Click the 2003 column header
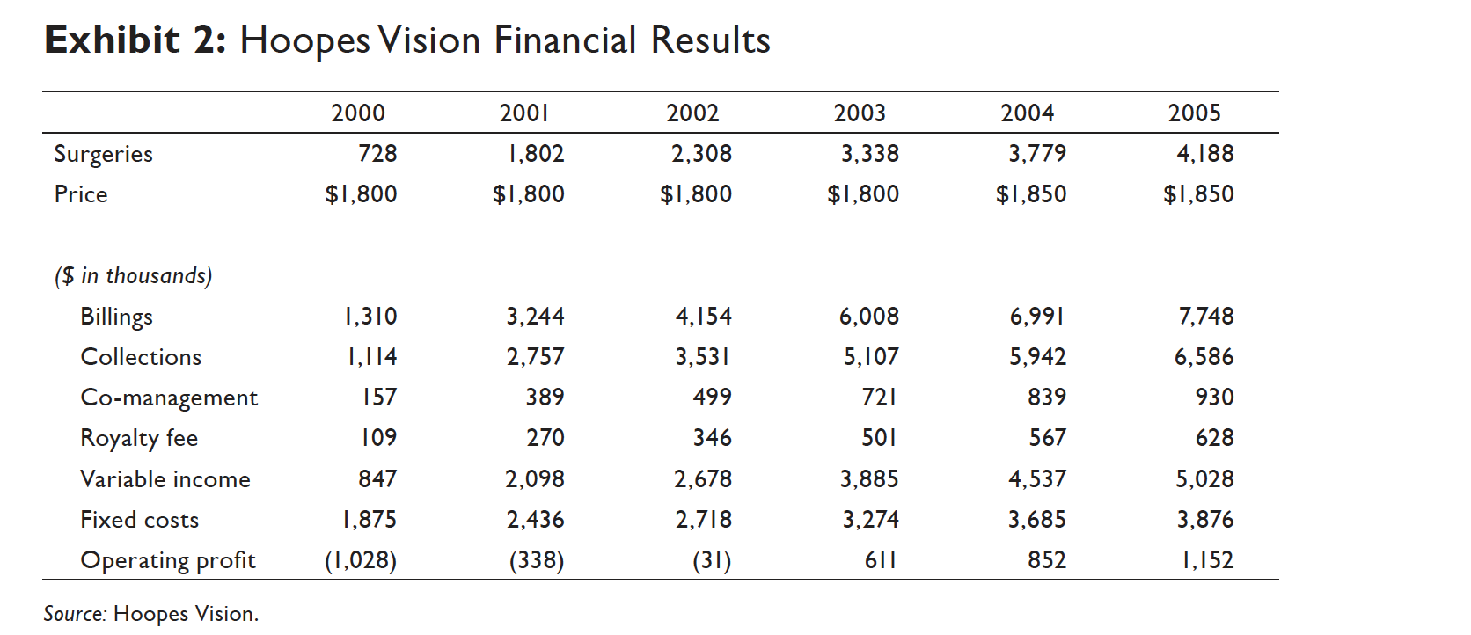[860, 113]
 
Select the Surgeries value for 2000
[377, 154]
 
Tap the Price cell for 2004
[1030, 194]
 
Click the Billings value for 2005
[1206, 317]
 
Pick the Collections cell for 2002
[703, 357]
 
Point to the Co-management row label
[169, 398]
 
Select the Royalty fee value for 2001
[545, 438]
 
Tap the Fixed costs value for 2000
[369, 520]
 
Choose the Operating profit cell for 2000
[361, 560]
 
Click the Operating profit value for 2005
[1207, 560]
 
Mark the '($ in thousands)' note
[134, 276]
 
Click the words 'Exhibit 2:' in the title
[135, 40]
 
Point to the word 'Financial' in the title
[565, 40]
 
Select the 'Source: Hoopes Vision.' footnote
[151, 614]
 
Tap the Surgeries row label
[103, 154]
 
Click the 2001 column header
[524, 113]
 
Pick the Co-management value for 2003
[879, 398]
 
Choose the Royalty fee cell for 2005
[1214, 438]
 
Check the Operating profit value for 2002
[712, 560]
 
